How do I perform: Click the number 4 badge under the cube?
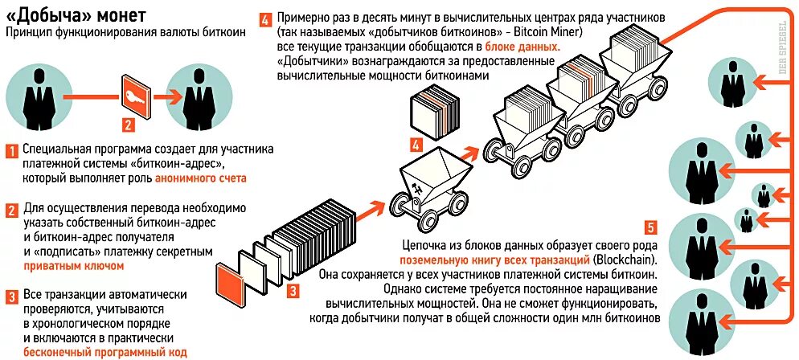(x=415, y=145)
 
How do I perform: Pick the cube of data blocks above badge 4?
(x=434, y=112)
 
